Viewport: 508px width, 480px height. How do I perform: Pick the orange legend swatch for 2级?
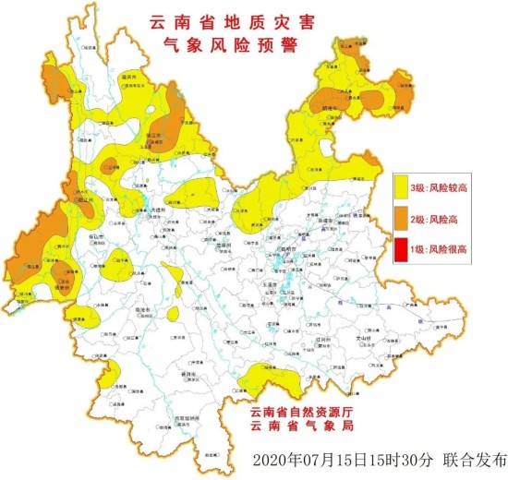click(404, 218)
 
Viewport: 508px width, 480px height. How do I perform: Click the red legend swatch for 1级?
click(404, 248)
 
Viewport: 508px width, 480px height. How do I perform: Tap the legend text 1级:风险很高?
click(445, 248)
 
